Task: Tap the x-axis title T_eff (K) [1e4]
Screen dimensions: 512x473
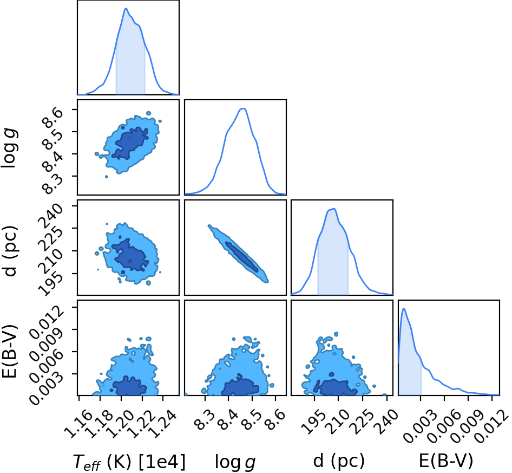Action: (x=129, y=462)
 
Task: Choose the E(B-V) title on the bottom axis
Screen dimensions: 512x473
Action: (x=446, y=461)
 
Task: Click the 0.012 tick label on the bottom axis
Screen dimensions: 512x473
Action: (x=492, y=426)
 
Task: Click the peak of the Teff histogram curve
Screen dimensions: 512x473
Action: (x=126, y=9)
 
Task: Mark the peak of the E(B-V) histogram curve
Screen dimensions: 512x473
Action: (x=404, y=308)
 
